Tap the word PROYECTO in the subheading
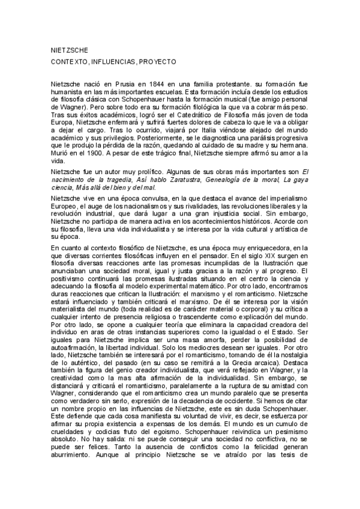pyautogui.click(x=156, y=62)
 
